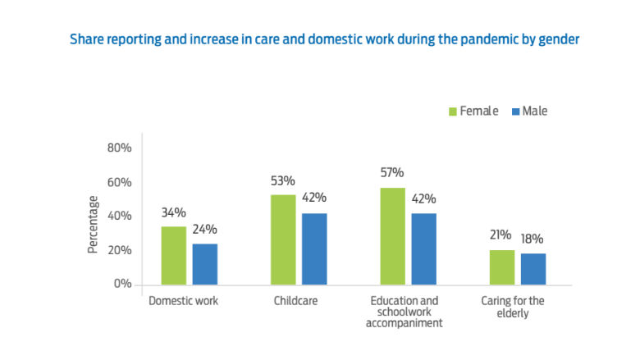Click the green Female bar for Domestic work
coord(173,255)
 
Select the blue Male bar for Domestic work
coord(205,264)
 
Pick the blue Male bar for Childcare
coord(314,248)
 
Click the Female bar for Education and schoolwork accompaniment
coord(391,236)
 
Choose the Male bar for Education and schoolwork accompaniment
coord(423,248)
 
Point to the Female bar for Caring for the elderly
coord(501,267)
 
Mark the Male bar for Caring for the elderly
coord(533,269)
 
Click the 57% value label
coord(391,172)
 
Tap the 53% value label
coord(282,180)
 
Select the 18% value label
coord(533,239)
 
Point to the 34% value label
coord(173,212)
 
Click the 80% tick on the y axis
coord(120,148)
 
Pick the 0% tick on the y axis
coord(123,284)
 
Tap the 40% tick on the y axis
coord(120,216)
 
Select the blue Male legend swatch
coord(514,112)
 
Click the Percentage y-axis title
coord(94,224)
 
